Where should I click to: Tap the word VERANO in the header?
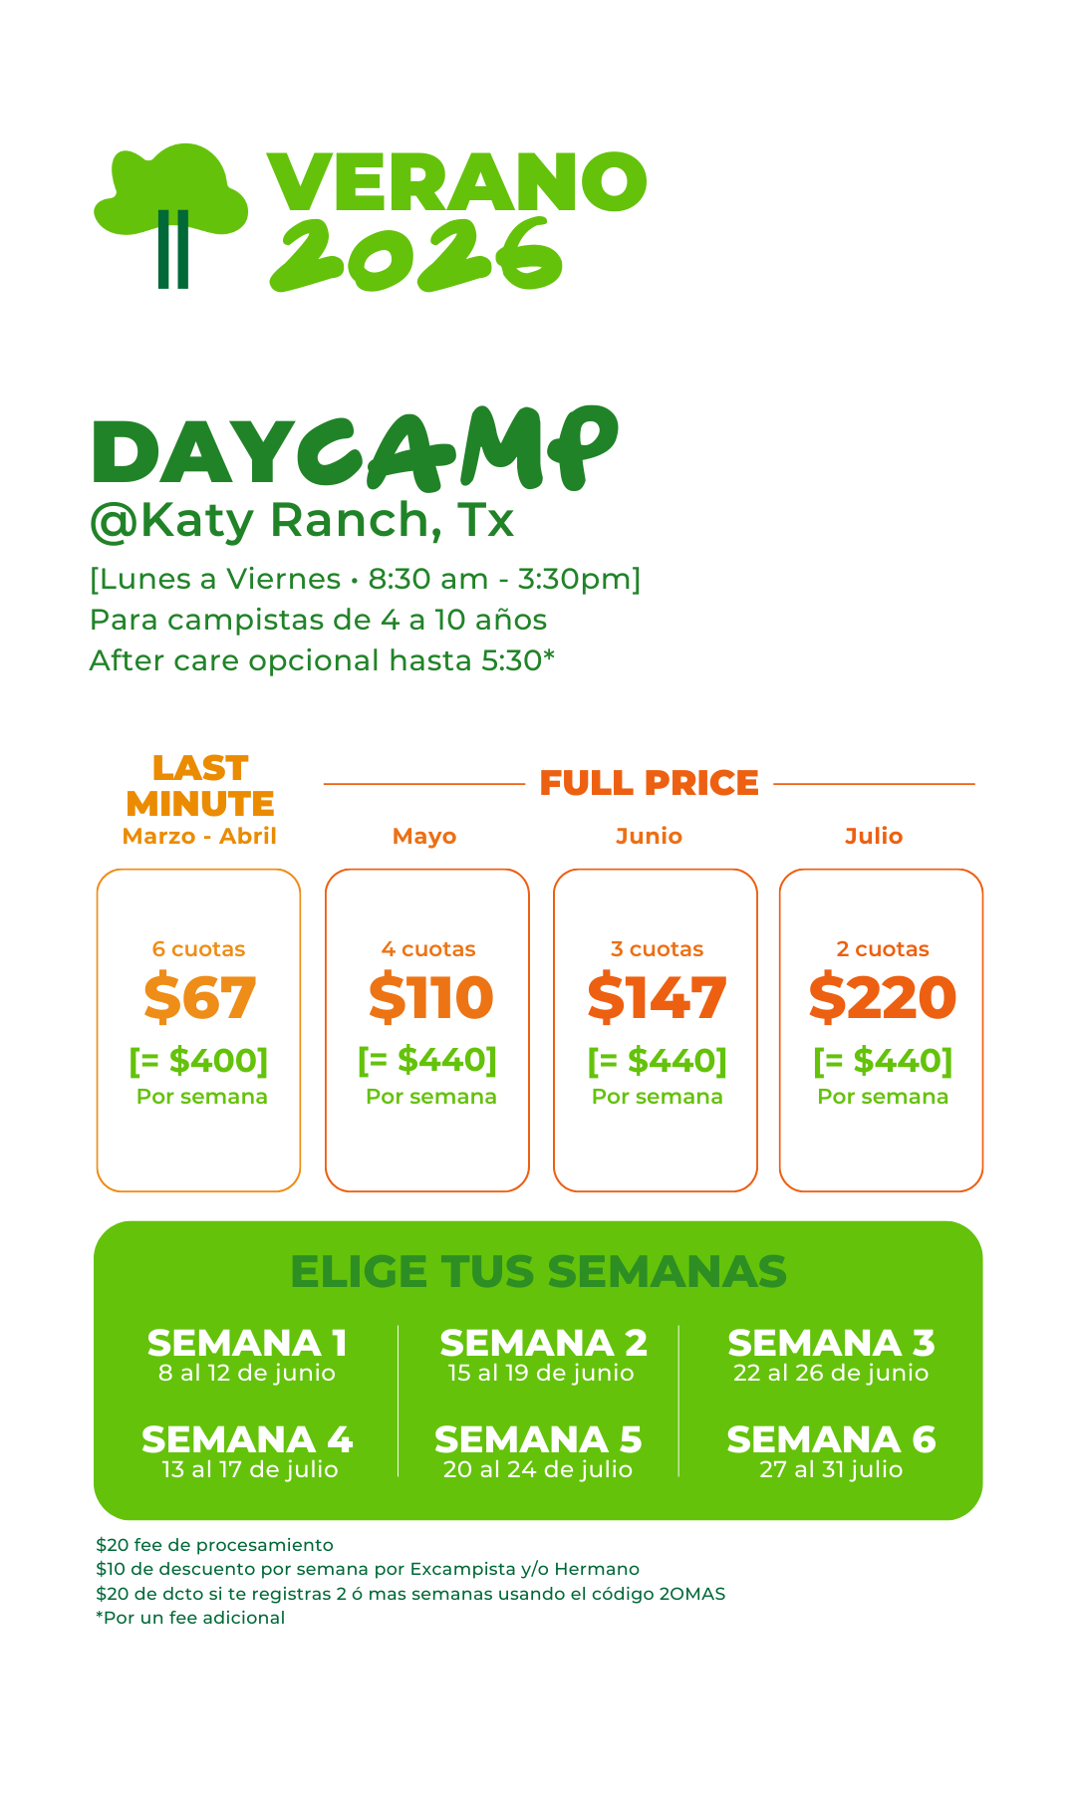[x=457, y=182]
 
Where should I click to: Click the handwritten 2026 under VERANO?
[x=416, y=255]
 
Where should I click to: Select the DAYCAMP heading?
[x=354, y=449]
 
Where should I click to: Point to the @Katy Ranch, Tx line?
[x=302, y=520]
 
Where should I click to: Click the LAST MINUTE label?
[x=200, y=785]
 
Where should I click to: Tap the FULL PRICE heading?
[x=650, y=783]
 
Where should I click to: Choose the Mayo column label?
[x=424, y=836]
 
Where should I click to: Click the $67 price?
[x=200, y=998]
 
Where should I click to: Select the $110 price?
[x=430, y=998]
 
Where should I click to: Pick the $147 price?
[x=657, y=998]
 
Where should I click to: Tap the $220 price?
[x=883, y=998]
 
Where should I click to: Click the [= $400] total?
[x=199, y=1061]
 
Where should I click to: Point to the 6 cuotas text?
[x=198, y=949]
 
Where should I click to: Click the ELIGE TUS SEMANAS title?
[x=538, y=1272]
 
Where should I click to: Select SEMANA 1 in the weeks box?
[x=247, y=1343]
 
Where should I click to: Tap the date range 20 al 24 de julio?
[x=538, y=1469]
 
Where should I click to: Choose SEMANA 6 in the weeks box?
[x=831, y=1439]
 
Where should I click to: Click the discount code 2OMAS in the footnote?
[x=692, y=1594]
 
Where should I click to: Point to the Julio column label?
[x=874, y=836]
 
